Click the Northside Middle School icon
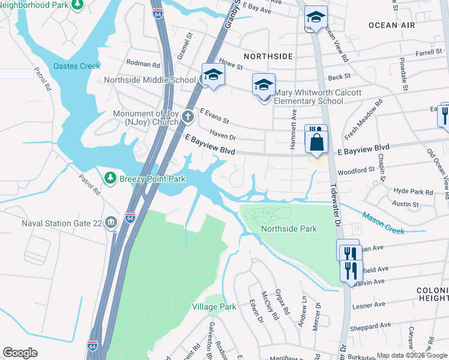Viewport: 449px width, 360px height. (212, 75)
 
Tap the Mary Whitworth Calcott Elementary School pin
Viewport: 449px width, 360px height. (263, 85)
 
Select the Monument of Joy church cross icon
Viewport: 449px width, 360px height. (188, 115)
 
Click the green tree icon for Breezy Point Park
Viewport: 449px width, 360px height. (110, 178)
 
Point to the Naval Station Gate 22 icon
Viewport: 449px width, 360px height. (110, 223)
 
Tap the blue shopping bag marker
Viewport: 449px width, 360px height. (316, 143)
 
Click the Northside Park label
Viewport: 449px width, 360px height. (289, 229)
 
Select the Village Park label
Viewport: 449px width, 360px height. (214, 307)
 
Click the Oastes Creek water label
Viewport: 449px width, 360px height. (77, 66)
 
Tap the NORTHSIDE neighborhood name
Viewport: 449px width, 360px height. (270, 56)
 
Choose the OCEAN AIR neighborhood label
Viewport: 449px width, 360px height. (391, 25)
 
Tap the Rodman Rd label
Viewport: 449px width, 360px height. (143, 64)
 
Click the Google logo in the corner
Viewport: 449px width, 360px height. (20, 353)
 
